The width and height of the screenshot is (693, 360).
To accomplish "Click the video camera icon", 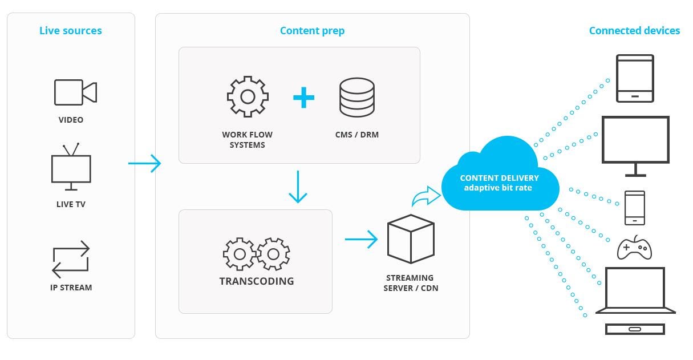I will coord(75,92).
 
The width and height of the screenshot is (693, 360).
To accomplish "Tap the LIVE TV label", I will coord(71,204).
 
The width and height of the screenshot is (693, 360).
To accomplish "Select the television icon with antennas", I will coord(71,167).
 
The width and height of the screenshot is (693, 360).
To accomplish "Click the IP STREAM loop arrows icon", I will coord(71,259).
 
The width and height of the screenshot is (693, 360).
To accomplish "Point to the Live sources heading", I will coord(70,31).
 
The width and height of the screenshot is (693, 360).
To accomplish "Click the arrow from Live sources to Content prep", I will coord(144,164).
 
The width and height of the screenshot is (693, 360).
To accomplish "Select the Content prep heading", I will coord(312,31).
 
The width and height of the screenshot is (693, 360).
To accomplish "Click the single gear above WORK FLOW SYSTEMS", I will coord(248,96).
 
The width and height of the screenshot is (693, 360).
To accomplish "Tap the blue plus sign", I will coord(303,98).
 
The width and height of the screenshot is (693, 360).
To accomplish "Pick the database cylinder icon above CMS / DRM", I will coord(356,97).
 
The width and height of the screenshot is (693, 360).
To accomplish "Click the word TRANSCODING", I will coord(257,281).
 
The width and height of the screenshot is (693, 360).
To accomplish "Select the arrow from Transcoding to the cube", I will coord(361,239).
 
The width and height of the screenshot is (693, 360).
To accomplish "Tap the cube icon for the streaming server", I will coord(411,238).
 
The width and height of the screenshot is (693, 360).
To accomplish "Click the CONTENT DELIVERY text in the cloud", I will coord(499,178).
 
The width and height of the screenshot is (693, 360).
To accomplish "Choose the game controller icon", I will coord(634,248).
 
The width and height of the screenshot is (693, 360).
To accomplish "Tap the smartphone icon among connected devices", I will coord(635,208).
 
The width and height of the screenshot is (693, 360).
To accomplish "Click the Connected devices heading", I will coord(634,31).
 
